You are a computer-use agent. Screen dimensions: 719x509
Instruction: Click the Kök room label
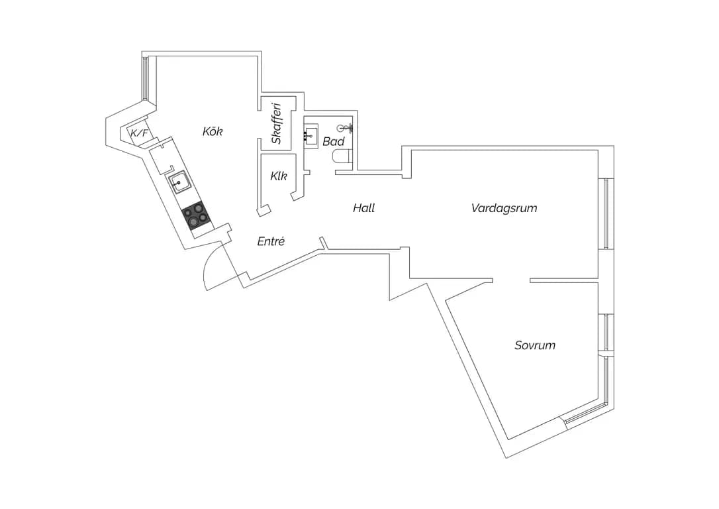pyautogui.click(x=213, y=132)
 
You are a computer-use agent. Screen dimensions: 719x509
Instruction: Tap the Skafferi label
pyautogui.click(x=276, y=123)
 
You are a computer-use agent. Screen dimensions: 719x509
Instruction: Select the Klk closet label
pyautogui.click(x=279, y=176)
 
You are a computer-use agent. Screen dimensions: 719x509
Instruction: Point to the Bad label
pyautogui.click(x=334, y=141)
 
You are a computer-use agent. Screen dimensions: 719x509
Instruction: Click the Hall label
pyautogui.click(x=364, y=208)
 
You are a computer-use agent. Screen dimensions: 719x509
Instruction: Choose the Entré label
pyautogui.click(x=271, y=241)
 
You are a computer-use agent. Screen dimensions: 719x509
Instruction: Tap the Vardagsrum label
pyautogui.click(x=504, y=208)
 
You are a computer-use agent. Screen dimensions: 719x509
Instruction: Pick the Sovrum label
pyautogui.click(x=535, y=345)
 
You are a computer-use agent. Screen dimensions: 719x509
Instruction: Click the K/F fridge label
pyautogui.click(x=140, y=133)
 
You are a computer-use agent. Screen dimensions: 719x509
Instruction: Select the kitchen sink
pyautogui.click(x=179, y=183)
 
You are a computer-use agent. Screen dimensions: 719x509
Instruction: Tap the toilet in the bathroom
pyautogui.click(x=342, y=156)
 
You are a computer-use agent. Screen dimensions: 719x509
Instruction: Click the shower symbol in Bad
pyautogui.click(x=345, y=128)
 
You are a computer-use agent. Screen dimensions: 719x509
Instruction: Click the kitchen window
pyautogui.click(x=146, y=78)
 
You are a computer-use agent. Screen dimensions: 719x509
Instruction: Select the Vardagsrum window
pyautogui.click(x=606, y=213)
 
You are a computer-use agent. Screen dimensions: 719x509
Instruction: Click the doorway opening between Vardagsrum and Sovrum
pyautogui.click(x=511, y=280)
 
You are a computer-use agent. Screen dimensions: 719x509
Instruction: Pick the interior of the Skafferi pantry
pyautogui.click(x=276, y=123)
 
